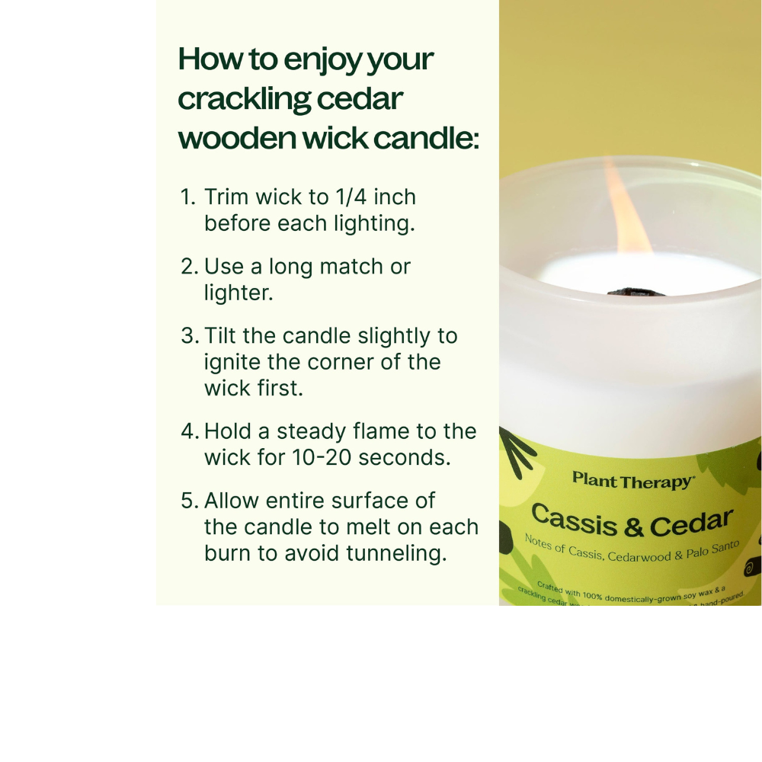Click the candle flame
pyautogui.click(x=627, y=210)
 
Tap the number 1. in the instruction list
pyautogui.click(x=188, y=197)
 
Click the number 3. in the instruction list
pyautogui.click(x=190, y=336)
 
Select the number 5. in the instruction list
pyautogui.click(x=190, y=501)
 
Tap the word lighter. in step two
pyautogui.click(x=239, y=293)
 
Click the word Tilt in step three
pyautogui.click(x=223, y=336)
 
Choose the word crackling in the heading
pyautogui.click(x=245, y=100)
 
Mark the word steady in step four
pyautogui.click(x=313, y=431)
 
